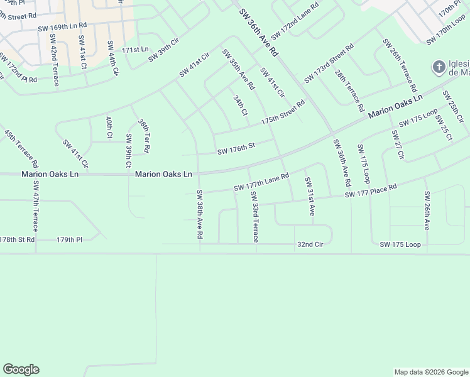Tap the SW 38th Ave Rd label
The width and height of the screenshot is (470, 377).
[200, 214]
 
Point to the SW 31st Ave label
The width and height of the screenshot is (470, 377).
[309, 197]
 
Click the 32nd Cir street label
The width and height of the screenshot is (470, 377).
[310, 244]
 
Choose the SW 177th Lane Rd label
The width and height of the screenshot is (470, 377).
[261, 183]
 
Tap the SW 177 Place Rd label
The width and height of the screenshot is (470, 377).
[371, 192]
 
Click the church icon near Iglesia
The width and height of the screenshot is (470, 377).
[438, 67]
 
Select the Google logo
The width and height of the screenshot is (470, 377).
[21, 369]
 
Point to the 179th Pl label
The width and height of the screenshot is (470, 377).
[70, 239]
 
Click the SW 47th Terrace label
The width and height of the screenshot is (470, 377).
[35, 214]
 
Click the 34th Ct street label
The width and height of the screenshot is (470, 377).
[241, 105]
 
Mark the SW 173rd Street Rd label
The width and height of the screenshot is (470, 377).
[329, 63]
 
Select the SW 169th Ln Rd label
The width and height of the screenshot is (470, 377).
[62, 28]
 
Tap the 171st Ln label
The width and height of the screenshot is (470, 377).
[135, 49]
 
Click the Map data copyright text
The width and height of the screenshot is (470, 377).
[430, 372]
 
